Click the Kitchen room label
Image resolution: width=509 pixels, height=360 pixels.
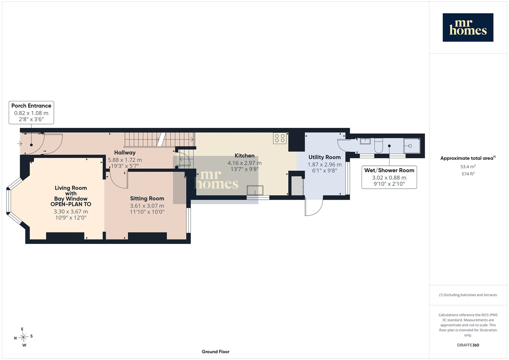coord(244,156)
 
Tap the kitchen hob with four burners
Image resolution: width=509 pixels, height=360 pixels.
coord(280,138)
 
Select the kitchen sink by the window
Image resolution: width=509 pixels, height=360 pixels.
coord(255,190)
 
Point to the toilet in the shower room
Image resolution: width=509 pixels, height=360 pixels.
coord(379,146)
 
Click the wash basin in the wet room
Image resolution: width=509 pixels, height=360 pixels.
coord(365,141)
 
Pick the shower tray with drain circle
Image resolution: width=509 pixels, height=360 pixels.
coord(412,146)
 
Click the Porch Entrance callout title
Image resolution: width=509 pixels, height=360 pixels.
coord(31,106)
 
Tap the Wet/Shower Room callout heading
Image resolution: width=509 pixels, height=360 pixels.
coord(389,170)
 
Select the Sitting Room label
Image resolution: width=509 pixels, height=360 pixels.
coord(147,199)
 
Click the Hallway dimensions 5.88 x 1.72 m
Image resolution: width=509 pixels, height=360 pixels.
coord(125,160)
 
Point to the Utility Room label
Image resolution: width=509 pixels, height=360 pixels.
coord(325,157)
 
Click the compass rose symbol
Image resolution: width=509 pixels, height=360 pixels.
coord(23,337)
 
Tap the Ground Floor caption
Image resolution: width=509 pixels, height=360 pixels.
coord(216,352)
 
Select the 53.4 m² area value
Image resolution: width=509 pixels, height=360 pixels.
coord(468,167)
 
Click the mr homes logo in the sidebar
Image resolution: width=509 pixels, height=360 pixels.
coord(468,28)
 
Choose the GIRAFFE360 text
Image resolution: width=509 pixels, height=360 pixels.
coord(468,345)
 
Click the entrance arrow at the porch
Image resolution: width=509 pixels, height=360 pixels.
coord(19,144)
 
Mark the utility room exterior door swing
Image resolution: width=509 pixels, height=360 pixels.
coord(314,207)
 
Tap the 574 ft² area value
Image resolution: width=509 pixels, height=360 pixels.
coord(468,174)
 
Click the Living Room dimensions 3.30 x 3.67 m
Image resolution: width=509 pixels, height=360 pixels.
coord(71,211)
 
